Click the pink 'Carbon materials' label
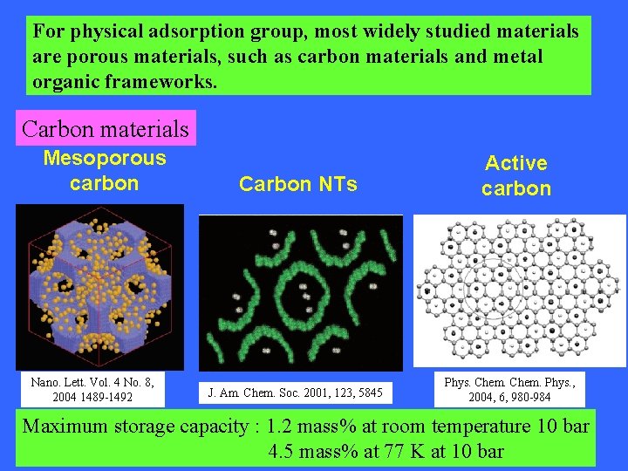105,129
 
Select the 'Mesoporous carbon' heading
104,171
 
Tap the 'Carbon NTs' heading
297,184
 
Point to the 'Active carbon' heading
516,175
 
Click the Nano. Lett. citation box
92,389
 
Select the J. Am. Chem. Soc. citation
296,392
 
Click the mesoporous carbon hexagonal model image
99,286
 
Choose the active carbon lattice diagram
519,290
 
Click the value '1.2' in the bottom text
282,427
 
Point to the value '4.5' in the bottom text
283,452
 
